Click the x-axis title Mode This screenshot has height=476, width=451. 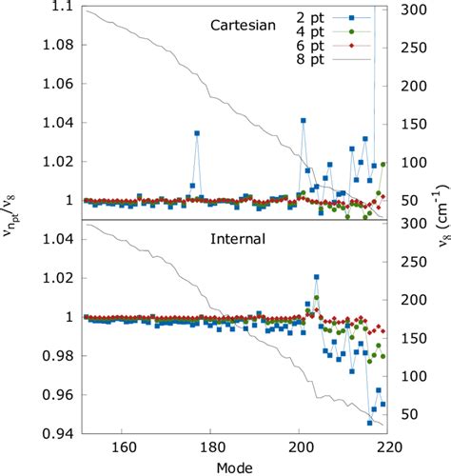(x=234, y=466)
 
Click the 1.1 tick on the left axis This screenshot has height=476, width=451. (x=62, y=7)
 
